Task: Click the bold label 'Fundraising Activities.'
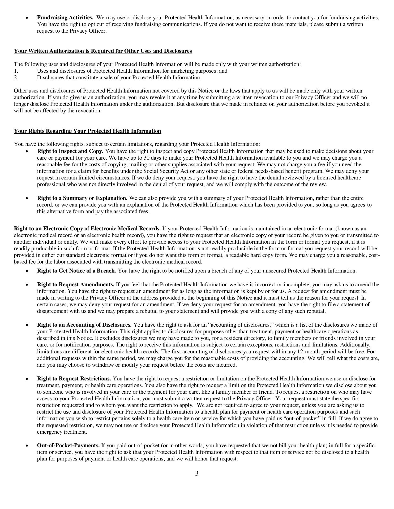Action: click(x=65, y=18)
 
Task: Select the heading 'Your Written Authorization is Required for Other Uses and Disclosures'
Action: click(x=103, y=51)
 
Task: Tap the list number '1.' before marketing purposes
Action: click(x=16, y=71)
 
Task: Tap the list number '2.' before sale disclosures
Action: click(x=16, y=78)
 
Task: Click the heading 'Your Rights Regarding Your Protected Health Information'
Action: click(x=87, y=131)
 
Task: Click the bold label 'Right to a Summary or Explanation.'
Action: click(x=82, y=198)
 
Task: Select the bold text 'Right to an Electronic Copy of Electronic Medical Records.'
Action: click(x=87, y=229)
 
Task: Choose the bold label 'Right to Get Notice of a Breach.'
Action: click(x=76, y=271)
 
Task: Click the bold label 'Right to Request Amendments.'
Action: click(x=76, y=285)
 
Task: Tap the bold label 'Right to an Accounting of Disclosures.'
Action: click(x=84, y=325)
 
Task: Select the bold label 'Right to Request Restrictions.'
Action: click(x=74, y=379)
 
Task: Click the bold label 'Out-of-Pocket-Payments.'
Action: click(x=68, y=446)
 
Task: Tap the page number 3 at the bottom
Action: click(x=197, y=473)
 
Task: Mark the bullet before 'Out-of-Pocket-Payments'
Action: click(x=27, y=446)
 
